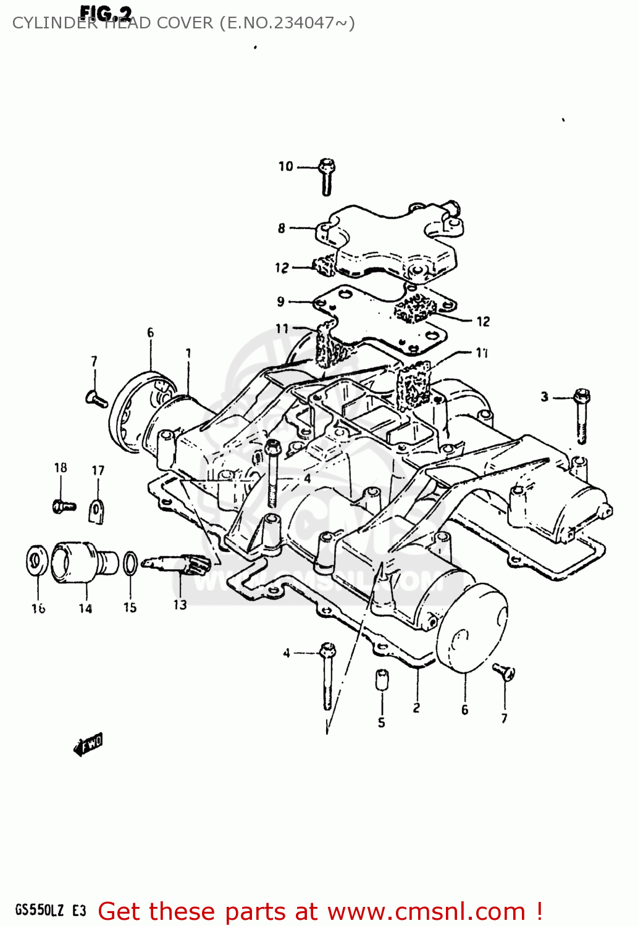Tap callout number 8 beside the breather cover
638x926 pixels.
[x=282, y=228]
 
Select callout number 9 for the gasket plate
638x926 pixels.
[x=281, y=301]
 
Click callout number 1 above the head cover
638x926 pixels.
[x=188, y=353]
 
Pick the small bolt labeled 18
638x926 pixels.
[x=63, y=506]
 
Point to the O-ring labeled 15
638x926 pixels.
[x=130, y=562]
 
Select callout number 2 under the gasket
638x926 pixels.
[x=417, y=707]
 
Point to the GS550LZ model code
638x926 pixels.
[x=39, y=911]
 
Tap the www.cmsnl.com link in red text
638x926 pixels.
[x=426, y=912]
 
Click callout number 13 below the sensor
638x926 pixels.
[x=180, y=605]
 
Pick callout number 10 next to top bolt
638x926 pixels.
[x=285, y=166]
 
